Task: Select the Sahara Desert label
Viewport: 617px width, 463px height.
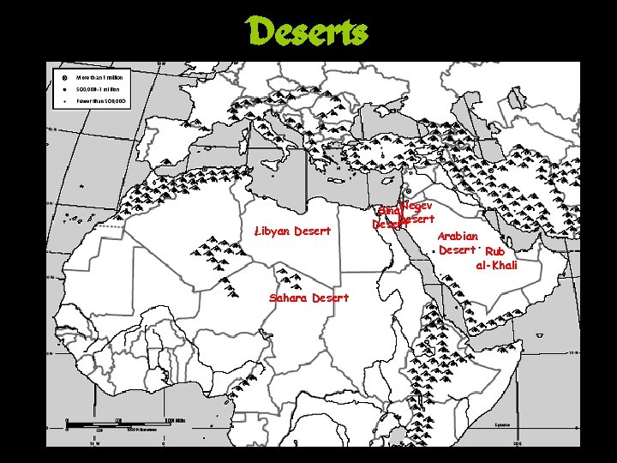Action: [308, 298]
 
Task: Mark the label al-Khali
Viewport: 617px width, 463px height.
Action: [497, 266]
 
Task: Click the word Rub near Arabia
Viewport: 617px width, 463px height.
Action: [494, 252]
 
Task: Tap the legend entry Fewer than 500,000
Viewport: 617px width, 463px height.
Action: [104, 101]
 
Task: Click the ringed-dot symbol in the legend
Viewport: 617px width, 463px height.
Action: [65, 77]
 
